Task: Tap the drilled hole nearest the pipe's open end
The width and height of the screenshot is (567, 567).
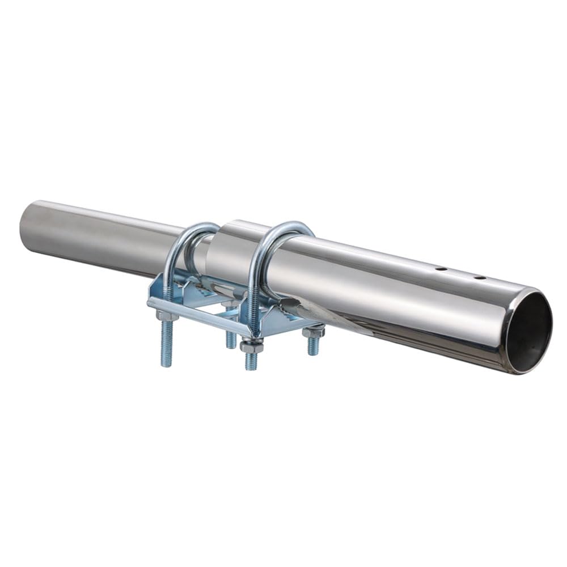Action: click(x=480, y=278)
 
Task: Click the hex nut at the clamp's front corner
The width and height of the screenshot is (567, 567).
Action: click(x=251, y=346)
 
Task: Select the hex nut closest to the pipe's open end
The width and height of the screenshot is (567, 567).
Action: click(x=314, y=332)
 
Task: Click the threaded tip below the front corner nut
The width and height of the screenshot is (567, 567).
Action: click(x=251, y=363)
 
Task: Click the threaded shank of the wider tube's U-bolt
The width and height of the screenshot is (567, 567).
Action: click(x=253, y=306)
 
